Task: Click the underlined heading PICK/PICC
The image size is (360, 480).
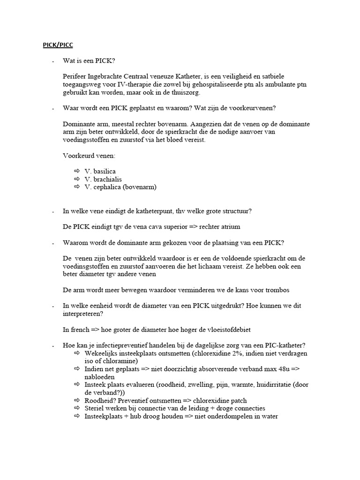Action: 55,45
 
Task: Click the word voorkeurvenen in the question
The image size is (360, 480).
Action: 254,108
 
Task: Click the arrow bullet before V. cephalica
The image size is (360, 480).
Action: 77,187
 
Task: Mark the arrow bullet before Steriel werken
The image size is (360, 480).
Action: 77,408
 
